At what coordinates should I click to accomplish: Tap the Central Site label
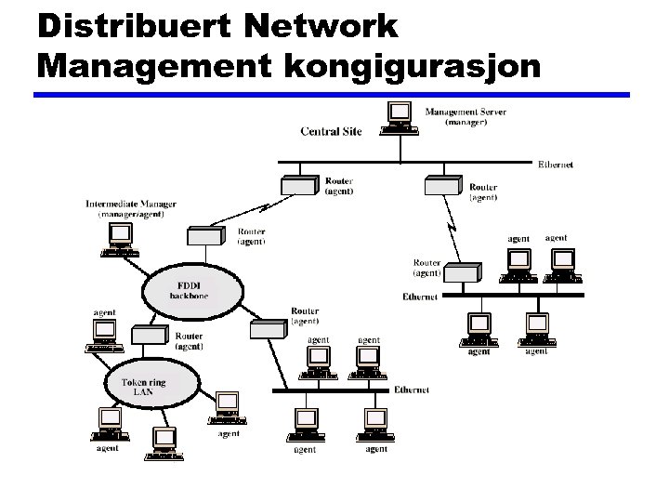pyautogui.click(x=331, y=131)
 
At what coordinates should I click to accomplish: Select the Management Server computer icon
pyautogui.click(x=400, y=116)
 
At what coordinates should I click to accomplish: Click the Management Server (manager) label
pyautogui.click(x=466, y=117)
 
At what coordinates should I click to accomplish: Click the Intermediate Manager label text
pyautogui.click(x=131, y=208)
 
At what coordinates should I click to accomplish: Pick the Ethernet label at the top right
pyautogui.click(x=556, y=165)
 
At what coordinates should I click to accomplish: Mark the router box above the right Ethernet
pyautogui.click(x=463, y=272)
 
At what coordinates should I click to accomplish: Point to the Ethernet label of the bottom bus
pyautogui.click(x=412, y=390)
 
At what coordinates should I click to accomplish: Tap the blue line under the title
pyautogui.click(x=332, y=95)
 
